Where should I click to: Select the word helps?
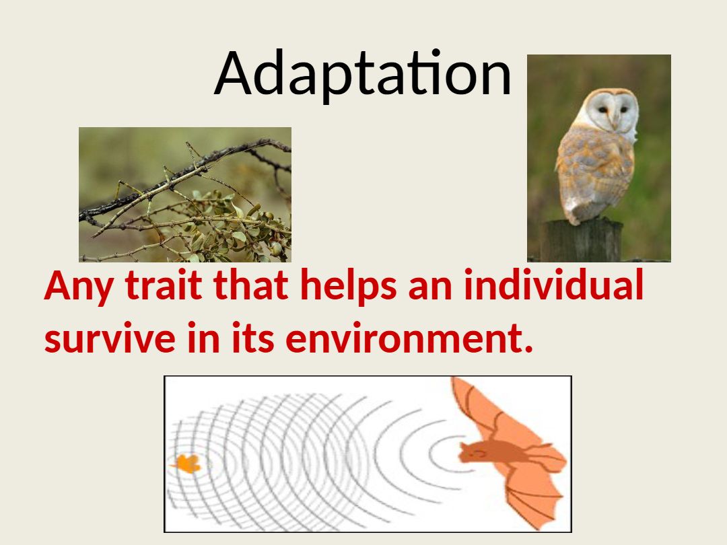348,287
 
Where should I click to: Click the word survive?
110,338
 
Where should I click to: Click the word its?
253,338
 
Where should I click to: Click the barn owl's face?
613,110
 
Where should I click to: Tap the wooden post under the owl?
583,240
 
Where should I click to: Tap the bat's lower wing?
533,496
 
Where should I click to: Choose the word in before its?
203,338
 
